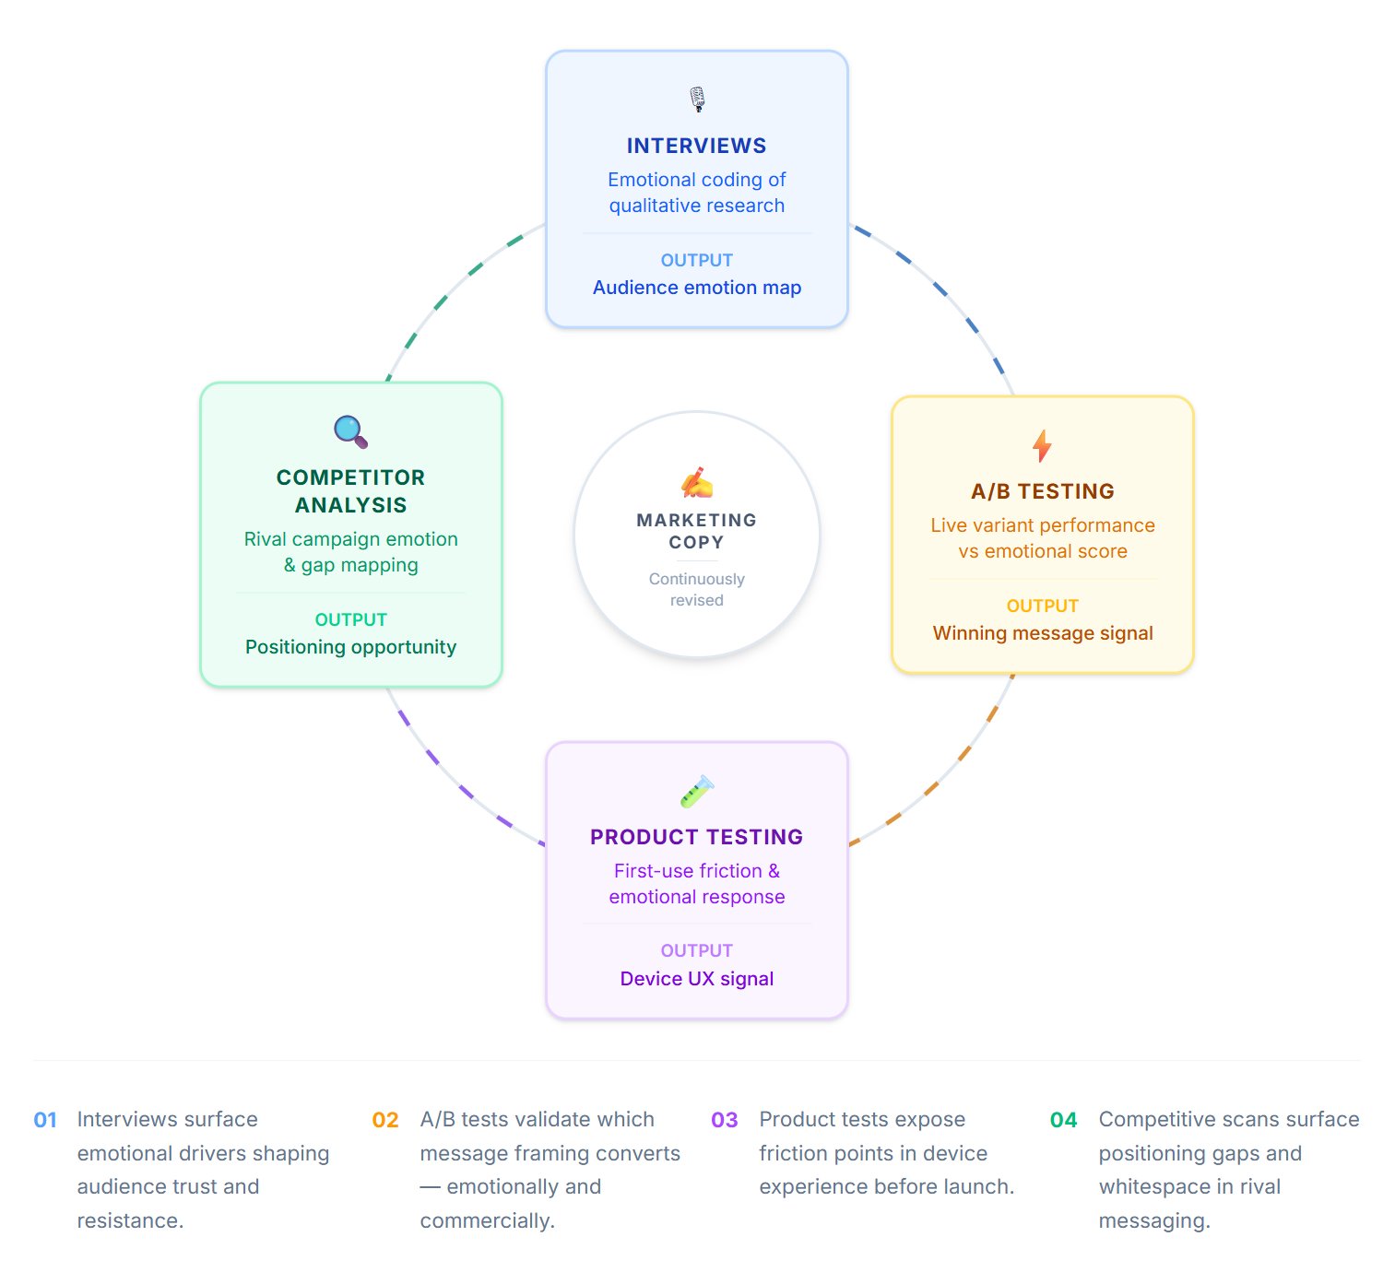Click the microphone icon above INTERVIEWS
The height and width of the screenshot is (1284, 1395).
click(x=697, y=99)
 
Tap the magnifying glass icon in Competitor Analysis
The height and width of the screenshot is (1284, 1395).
click(x=350, y=431)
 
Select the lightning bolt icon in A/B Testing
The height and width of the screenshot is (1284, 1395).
click(x=1042, y=445)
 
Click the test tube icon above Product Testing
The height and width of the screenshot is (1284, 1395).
click(x=697, y=791)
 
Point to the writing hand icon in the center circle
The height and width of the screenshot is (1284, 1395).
click(x=697, y=482)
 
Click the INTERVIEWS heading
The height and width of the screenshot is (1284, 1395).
click(x=696, y=146)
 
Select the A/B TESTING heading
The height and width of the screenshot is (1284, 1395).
click(x=1042, y=491)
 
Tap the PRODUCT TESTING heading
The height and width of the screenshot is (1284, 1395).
click(x=696, y=837)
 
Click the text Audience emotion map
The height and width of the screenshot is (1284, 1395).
click(x=696, y=288)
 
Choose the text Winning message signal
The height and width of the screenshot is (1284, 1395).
click(x=1042, y=633)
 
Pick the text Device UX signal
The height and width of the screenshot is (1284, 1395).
click(x=696, y=979)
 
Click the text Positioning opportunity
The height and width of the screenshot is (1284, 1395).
click(x=350, y=647)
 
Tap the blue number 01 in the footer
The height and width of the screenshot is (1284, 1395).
click(x=45, y=1120)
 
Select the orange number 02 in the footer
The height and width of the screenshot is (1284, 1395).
click(x=385, y=1120)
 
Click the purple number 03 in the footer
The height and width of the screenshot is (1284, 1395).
click(x=724, y=1120)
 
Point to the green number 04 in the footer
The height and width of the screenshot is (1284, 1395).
click(x=1063, y=1120)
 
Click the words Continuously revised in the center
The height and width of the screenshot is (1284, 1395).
click(x=696, y=590)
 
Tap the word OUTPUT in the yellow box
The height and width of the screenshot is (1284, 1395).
click(x=1042, y=606)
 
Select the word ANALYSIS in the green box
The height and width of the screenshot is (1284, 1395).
click(x=350, y=505)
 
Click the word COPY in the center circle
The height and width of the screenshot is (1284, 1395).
click(x=696, y=543)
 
